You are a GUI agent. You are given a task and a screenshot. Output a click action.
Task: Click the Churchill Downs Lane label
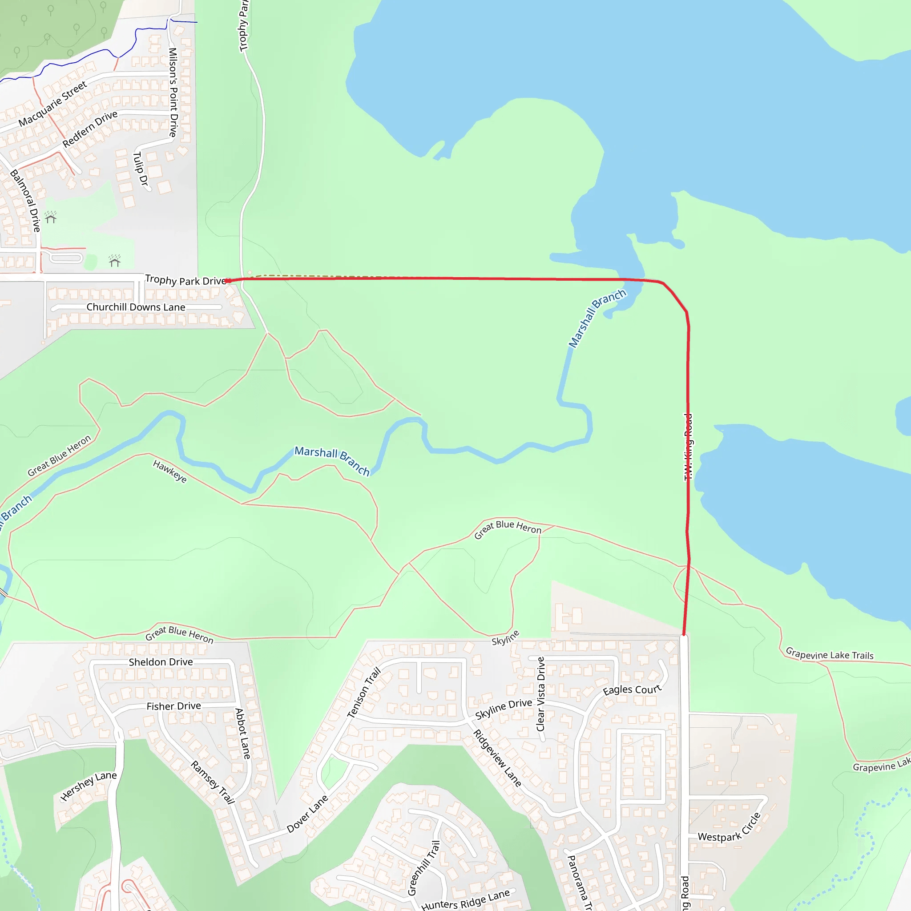(136, 307)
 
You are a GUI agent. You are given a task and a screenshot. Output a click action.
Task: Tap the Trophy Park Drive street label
(185, 281)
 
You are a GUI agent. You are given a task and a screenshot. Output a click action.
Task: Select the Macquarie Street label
(53, 104)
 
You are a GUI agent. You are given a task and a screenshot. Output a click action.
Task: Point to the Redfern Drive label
(89, 129)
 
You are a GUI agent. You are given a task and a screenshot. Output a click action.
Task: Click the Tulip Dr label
(141, 168)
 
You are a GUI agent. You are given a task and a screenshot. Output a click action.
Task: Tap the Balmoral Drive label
(25, 201)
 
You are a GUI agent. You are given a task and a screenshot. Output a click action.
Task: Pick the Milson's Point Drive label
(173, 93)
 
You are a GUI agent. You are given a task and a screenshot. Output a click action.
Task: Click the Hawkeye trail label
(170, 472)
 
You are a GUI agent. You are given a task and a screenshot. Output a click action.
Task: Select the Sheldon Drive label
(161, 662)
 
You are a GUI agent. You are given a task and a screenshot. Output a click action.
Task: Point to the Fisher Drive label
(173, 706)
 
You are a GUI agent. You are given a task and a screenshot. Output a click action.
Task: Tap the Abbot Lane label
(243, 734)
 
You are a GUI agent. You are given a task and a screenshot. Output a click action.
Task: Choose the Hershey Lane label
(89, 786)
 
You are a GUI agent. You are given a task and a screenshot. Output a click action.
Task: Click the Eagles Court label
(632, 690)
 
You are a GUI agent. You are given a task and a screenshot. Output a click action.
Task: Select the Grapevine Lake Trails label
(830, 654)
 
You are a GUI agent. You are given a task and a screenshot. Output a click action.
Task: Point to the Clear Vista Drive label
(541, 694)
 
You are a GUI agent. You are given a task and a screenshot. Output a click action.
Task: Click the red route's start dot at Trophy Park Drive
(227, 281)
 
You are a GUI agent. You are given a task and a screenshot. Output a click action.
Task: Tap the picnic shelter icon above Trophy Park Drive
(115, 261)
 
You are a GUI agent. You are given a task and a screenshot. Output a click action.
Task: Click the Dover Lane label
(307, 814)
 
